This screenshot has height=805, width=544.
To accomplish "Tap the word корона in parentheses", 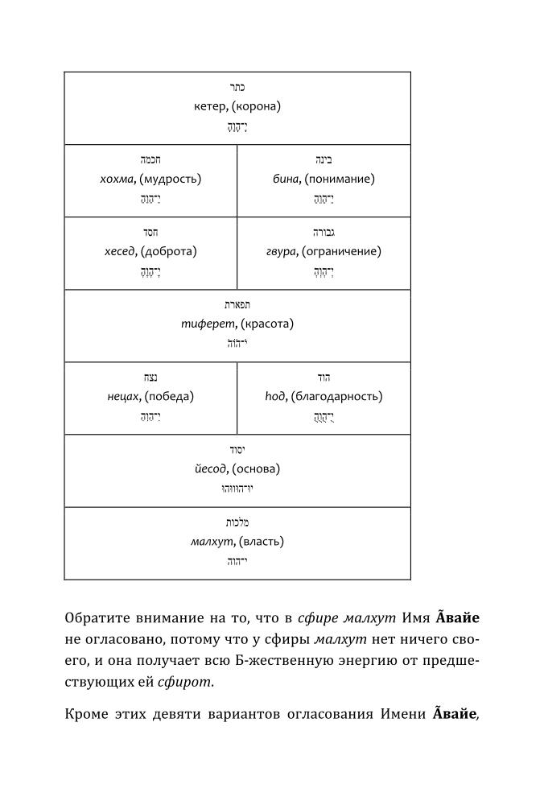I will coord(257,106).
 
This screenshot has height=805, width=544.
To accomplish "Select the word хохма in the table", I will coord(117,179).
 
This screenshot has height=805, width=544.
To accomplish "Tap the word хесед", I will coord(121,251).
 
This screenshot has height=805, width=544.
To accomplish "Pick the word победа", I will coord(169,396).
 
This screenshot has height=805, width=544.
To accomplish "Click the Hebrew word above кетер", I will coord(237,87).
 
